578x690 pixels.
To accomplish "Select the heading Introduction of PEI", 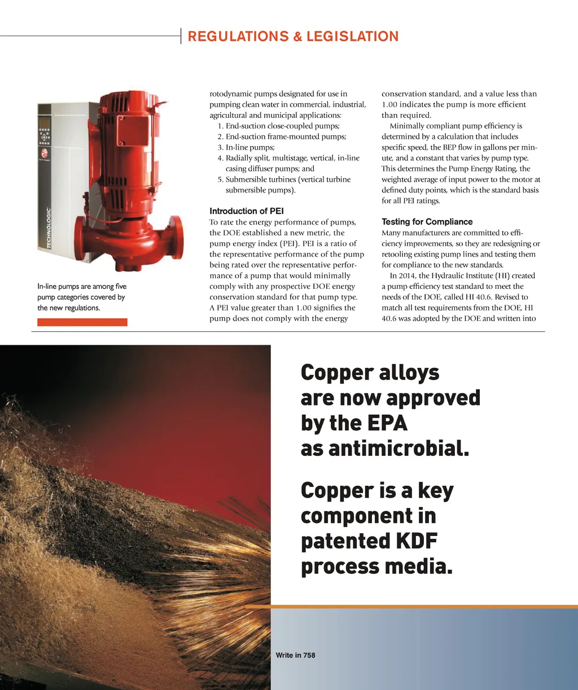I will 246,211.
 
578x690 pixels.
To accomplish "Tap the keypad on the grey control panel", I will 45,138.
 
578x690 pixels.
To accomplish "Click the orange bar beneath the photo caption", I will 82,322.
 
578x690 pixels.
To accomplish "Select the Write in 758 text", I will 295,655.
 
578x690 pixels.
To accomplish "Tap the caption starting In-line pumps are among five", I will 82,297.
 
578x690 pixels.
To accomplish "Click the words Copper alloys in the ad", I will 370,372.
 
